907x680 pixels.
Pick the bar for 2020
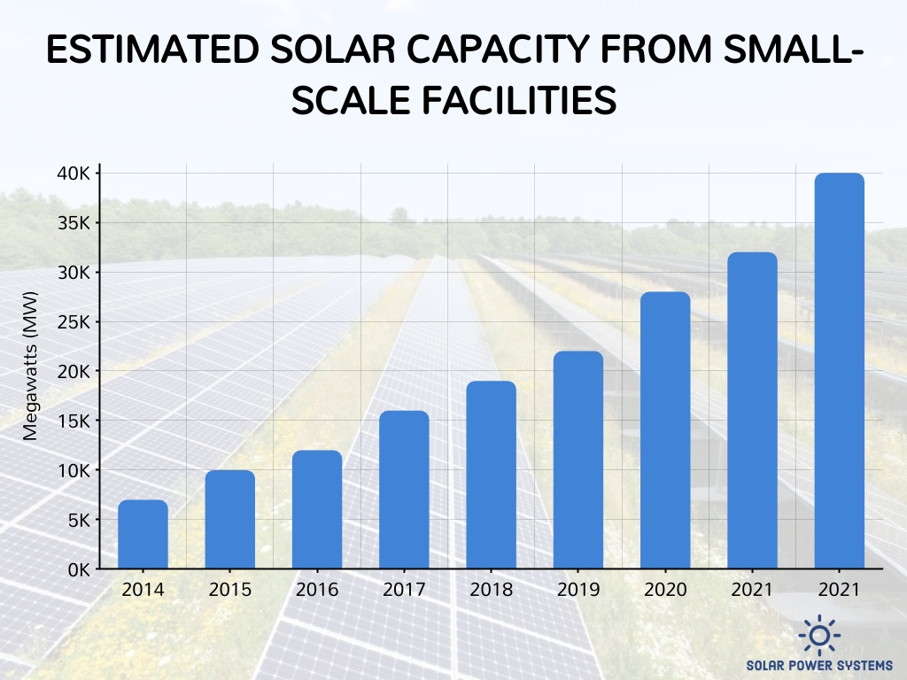pos(665,430)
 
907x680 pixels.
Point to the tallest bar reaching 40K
pos(840,371)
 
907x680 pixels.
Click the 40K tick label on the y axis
pos(74,174)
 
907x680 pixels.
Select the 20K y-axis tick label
pos(74,371)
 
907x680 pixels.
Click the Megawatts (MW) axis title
pos(31,367)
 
